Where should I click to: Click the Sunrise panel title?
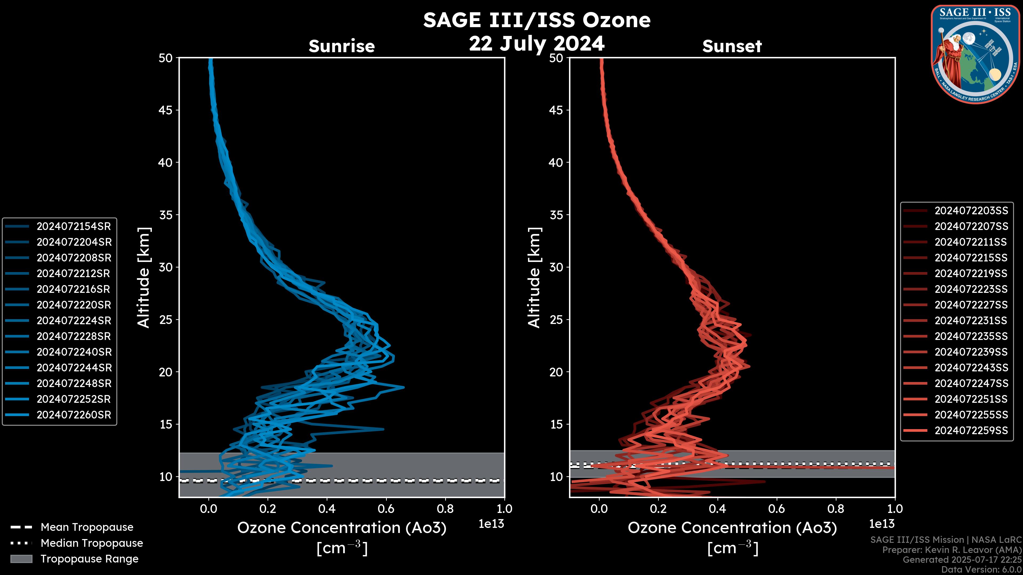(x=342, y=46)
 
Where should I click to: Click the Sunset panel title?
(x=732, y=46)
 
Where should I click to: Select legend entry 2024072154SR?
(x=74, y=226)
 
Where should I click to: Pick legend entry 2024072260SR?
(x=74, y=415)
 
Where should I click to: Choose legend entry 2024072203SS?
(x=971, y=210)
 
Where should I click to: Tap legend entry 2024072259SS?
(x=971, y=430)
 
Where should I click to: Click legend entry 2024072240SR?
(x=74, y=352)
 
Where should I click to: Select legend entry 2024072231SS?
(x=971, y=320)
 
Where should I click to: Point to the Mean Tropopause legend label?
(x=87, y=527)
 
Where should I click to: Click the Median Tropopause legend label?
(x=92, y=543)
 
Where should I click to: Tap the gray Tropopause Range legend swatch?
(x=21, y=559)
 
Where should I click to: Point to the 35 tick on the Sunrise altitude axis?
(x=166, y=215)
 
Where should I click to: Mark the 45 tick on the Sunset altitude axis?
(x=556, y=110)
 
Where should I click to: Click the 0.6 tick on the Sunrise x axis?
(x=386, y=508)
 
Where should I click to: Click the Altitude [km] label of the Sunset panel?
(x=534, y=277)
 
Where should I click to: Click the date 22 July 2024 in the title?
(x=537, y=43)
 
